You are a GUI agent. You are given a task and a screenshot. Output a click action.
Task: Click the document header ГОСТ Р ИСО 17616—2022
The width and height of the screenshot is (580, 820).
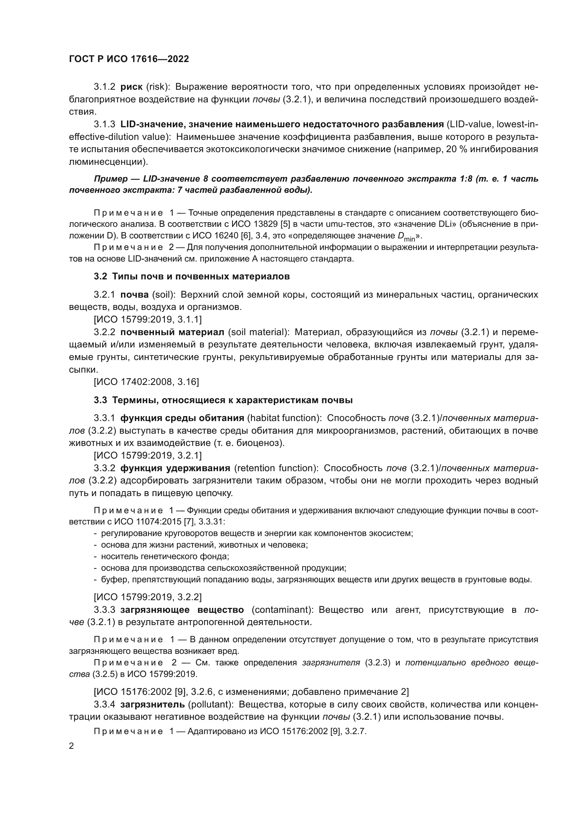[x=129, y=59]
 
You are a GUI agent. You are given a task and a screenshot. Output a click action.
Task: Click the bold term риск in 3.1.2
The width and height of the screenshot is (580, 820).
[x=131, y=87]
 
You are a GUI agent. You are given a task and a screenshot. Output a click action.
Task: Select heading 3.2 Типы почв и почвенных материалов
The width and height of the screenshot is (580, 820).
[x=192, y=276]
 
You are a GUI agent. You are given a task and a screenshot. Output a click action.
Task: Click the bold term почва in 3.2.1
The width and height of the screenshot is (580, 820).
[x=135, y=294]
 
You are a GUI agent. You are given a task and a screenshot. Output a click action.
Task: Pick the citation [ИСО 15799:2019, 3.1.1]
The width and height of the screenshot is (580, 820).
[x=148, y=319]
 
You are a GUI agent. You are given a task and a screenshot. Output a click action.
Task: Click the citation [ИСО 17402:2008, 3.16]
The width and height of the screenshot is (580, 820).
[x=146, y=382]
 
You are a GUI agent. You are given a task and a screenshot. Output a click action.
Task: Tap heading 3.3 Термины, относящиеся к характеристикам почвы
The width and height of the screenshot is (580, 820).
[x=223, y=400]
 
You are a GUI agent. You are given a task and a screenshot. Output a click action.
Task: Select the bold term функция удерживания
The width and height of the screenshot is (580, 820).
[x=175, y=468]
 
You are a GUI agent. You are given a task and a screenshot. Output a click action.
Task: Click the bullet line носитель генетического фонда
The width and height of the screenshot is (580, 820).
[x=165, y=556]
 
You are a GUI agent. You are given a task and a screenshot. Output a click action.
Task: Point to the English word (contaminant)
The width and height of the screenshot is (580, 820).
[x=283, y=610]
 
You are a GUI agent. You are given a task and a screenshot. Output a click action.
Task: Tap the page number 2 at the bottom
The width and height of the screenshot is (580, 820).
[x=72, y=746]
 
